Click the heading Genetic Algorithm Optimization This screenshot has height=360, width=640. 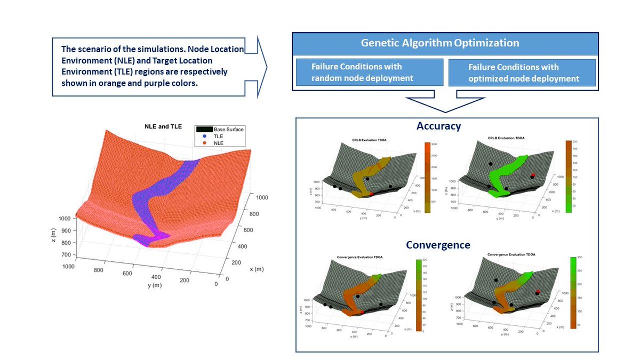439,43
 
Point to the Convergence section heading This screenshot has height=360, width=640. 438,245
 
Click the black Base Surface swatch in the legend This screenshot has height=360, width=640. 203,129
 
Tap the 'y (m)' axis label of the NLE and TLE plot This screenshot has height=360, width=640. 155,285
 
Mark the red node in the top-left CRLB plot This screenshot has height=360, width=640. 372,194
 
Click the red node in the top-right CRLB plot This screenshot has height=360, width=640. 532,175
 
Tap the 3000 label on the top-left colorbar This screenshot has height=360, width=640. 435,145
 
